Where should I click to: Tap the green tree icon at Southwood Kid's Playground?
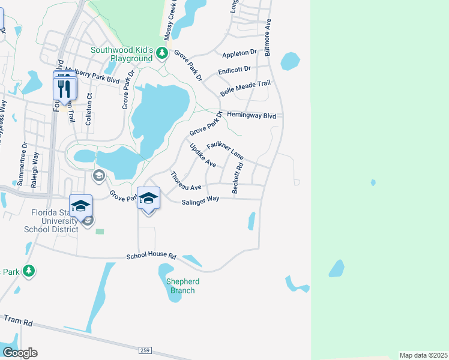click(x=161, y=54)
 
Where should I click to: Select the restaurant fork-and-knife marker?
click(x=65, y=88)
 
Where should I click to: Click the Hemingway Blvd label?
click(x=251, y=116)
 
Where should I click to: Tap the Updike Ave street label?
click(x=202, y=155)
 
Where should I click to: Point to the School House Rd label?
click(x=151, y=256)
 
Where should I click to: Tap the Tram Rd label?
click(x=18, y=321)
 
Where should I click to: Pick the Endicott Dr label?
click(x=234, y=70)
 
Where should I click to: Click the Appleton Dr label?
click(x=239, y=53)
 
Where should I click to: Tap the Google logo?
click(x=20, y=352)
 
